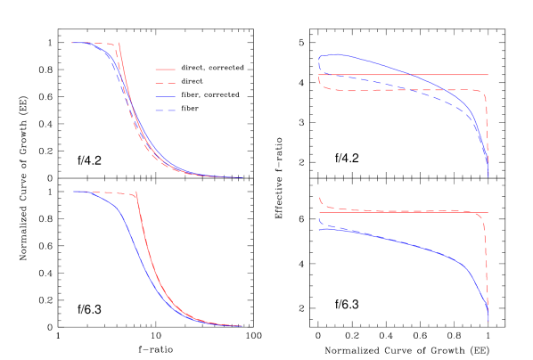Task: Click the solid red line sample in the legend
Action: click(165, 70)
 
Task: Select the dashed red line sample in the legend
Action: click(165, 83)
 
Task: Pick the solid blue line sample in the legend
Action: click(165, 96)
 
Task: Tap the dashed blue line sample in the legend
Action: click(165, 110)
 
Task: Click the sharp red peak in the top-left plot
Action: click(119, 45)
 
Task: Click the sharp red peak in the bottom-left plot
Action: click(135, 192)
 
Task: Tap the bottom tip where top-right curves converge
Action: click(488, 174)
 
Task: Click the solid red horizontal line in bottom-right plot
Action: click(401, 213)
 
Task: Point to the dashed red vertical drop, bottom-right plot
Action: click(485, 258)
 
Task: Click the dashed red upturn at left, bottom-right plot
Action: click(321, 202)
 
